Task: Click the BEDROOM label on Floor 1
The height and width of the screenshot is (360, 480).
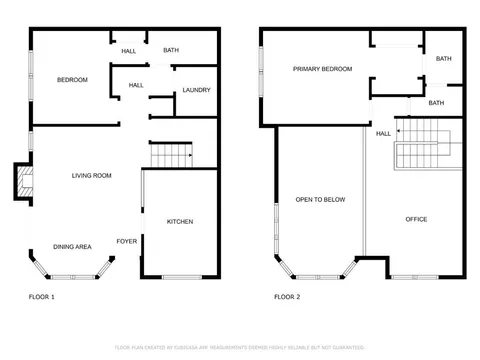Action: coord(72,80)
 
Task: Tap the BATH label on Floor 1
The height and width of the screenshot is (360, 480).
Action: coord(171,50)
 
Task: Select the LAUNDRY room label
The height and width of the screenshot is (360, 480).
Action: coord(196,91)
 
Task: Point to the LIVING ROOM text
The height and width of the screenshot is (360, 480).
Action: coord(91,176)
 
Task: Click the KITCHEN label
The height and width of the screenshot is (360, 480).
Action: coord(179,221)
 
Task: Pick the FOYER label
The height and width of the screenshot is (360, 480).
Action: coord(127,241)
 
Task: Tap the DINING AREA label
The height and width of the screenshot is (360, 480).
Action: coord(72,246)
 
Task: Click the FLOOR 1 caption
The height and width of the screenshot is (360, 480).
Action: coord(41,297)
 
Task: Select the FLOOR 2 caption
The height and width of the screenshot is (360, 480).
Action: coord(287,297)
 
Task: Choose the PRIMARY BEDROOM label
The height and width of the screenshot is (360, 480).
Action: coord(322,69)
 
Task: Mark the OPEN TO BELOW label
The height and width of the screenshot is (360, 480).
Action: coord(320,200)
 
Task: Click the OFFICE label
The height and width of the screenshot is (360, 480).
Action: coord(416,219)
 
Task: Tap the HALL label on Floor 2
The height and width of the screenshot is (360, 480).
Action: coord(383,133)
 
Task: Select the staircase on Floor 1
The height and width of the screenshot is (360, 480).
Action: coord(170,155)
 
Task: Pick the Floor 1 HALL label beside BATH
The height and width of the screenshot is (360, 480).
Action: coord(129,51)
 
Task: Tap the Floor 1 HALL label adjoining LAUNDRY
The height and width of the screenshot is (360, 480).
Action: coord(136,85)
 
